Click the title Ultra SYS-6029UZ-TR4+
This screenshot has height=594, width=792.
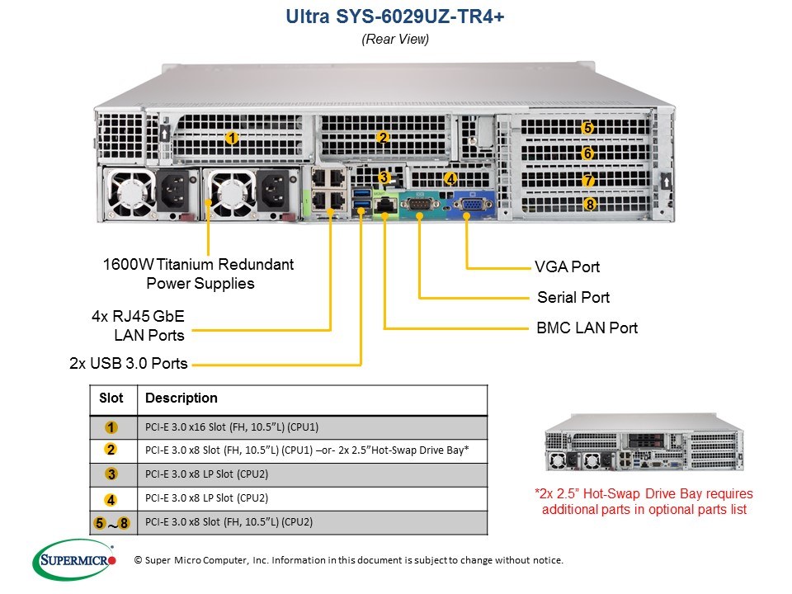[x=395, y=16]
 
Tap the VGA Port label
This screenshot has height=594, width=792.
[x=568, y=266]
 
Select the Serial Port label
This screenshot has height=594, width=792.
[x=573, y=297]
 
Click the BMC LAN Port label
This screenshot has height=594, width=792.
[x=587, y=328]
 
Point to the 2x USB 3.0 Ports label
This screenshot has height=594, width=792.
[x=129, y=363]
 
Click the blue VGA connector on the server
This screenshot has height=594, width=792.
[x=473, y=204]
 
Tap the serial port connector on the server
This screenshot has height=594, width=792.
[x=419, y=204]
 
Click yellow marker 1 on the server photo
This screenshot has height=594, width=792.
[x=232, y=138]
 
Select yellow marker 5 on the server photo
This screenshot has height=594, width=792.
[x=587, y=128]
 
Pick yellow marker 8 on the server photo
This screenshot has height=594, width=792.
[x=589, y=204]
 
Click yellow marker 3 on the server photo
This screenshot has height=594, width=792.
[x=384, y=177]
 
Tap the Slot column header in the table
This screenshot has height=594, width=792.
[x=111, y=398]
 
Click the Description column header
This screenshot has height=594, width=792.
[x=181, y=398]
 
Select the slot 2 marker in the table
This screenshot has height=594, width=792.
[x=111, y=450]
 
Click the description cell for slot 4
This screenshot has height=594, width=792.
[x=206, y=498]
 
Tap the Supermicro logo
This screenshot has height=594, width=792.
[x=74, y=559]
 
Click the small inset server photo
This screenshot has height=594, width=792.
[x=644, y=442]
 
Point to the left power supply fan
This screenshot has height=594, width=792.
[x=130, y=193]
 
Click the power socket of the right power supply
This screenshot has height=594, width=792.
[x=273, y=191]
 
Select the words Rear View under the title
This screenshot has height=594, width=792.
[x=395, y=39]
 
